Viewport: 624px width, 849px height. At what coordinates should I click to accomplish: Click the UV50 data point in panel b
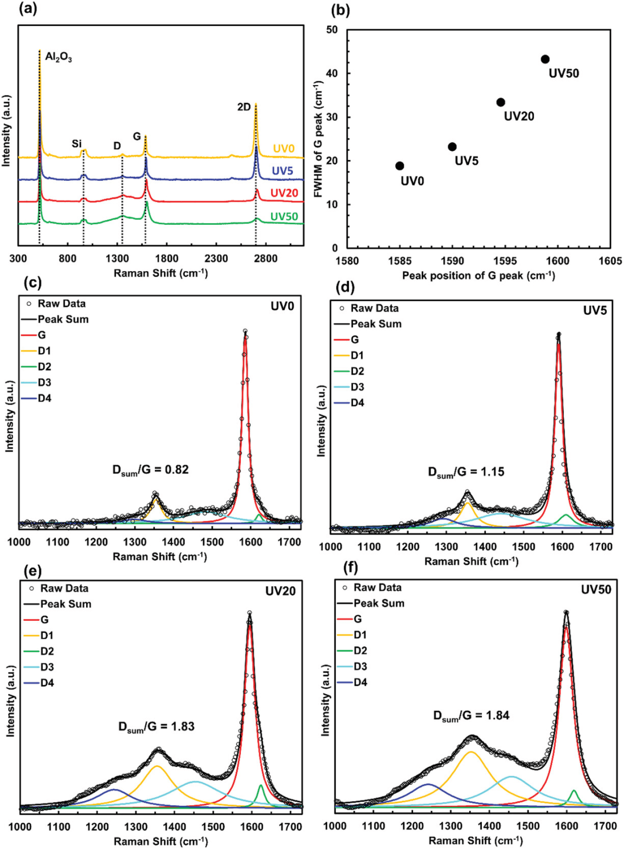[x=545, y=60]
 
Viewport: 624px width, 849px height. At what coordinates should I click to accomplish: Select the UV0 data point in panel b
[x=399, y=166]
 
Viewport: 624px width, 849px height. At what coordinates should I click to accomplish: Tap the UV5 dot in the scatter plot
[x=452, y=147]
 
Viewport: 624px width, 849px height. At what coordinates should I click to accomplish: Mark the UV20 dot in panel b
[x=501, y=102]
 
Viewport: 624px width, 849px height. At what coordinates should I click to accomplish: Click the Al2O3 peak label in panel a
[x=58, y=57]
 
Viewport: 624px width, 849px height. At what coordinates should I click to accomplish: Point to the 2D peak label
[x=244, y=107]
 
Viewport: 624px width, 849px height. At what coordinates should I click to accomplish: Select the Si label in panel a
[x=77, y=143]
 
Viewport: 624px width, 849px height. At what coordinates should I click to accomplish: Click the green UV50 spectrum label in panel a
[x=284, y=217]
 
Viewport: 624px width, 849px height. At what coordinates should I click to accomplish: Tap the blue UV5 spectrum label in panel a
[x=283, y=170]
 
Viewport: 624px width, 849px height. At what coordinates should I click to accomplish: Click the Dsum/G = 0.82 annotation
[x=150, y=470]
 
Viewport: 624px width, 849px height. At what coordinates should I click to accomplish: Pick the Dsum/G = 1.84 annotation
[x=471, y=715]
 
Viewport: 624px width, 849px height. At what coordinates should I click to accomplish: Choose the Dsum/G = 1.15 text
[x=466, y=472]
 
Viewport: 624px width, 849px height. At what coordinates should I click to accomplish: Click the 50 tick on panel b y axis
[x=332, y=29]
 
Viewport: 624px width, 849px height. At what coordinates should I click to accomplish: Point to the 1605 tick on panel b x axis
[x=610, y=261]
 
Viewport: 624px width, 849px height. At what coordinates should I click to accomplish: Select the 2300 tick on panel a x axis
[x=216, y=258]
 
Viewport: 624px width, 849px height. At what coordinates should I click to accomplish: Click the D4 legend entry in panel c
[x=44, y=398]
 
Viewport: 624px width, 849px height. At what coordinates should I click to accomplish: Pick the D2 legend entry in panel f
[x=360, y=650]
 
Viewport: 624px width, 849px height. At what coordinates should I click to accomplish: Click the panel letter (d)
[x=345, y=287]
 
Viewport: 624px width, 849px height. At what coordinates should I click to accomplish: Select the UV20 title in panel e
[x=280, y=591]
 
